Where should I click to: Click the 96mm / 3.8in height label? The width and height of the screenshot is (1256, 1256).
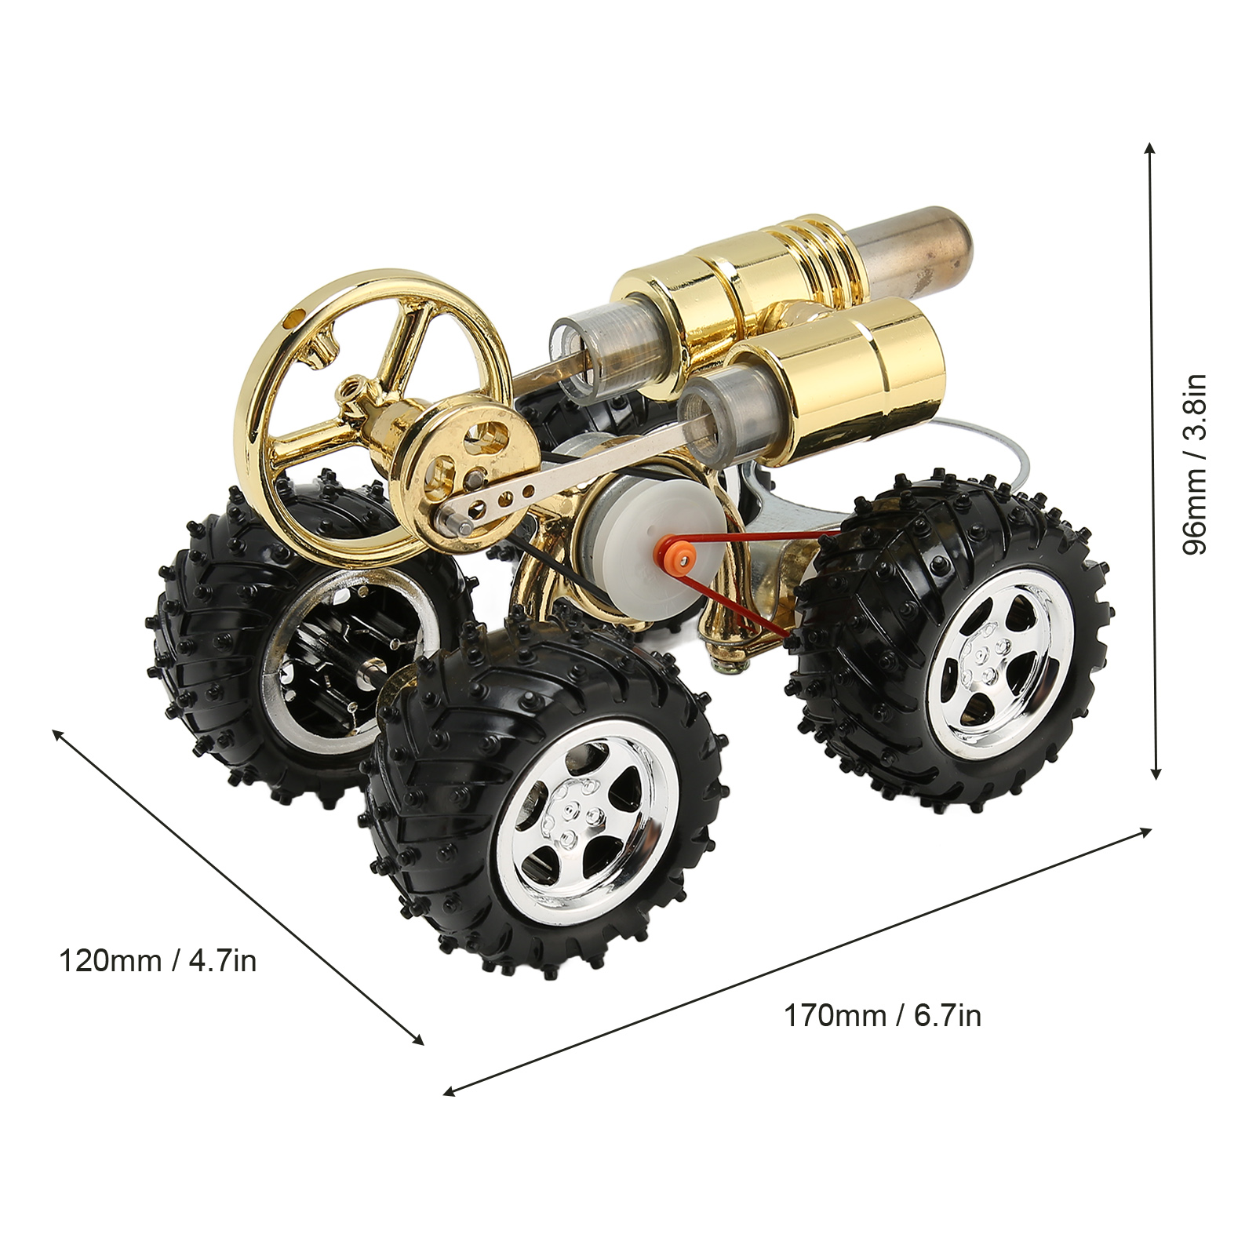point(1195,464)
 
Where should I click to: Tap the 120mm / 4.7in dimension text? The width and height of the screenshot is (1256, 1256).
point(158,960)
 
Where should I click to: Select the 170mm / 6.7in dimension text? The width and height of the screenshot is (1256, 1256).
point(883,1016)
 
